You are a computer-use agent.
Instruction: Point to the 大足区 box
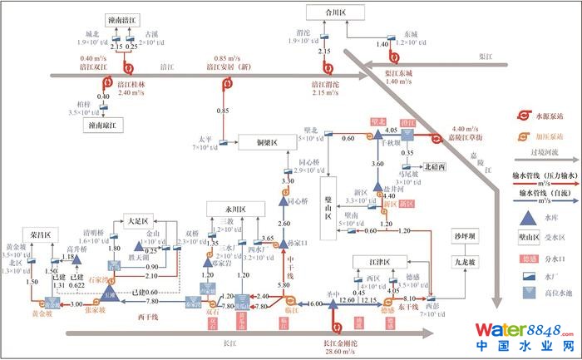coord(136,222)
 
